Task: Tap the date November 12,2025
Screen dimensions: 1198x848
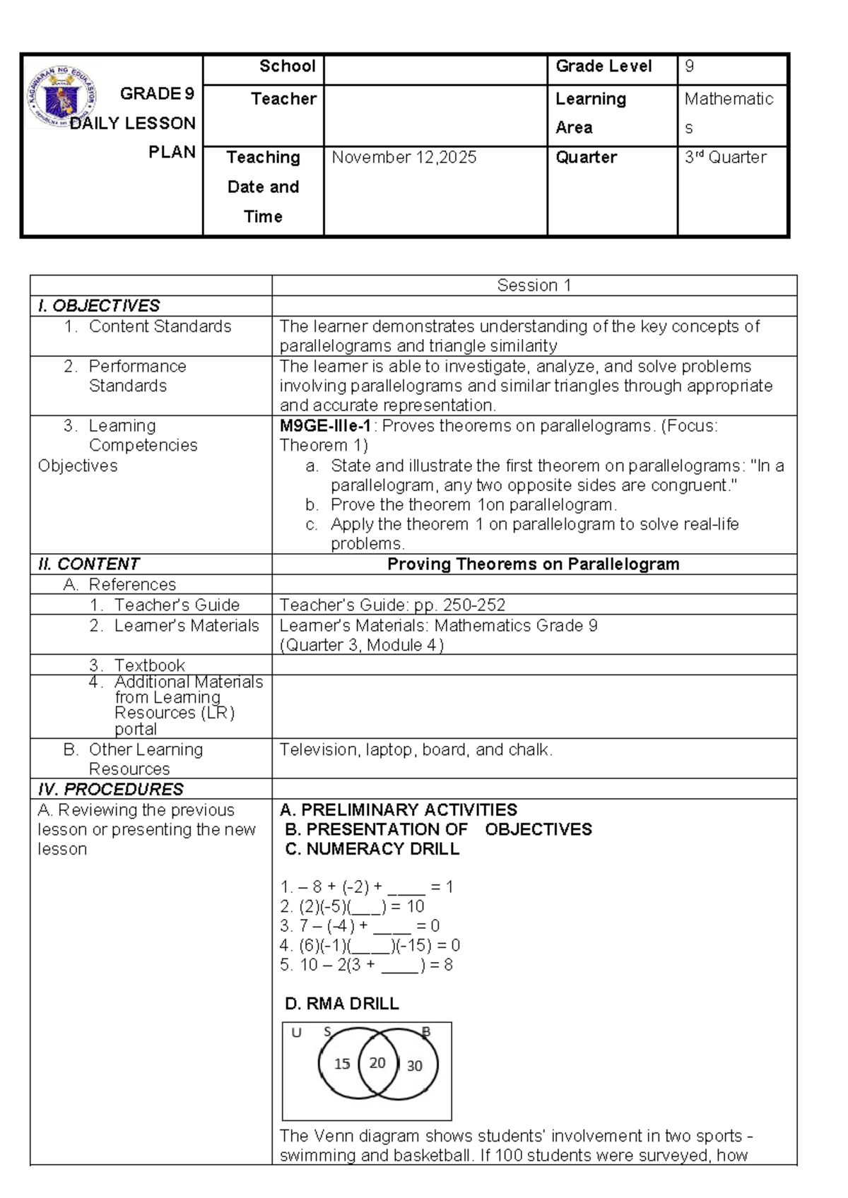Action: (404, 157)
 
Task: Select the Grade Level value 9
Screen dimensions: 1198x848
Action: (689, 66)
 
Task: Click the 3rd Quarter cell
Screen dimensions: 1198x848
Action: (725, 157)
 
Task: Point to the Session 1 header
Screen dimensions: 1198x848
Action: (534, 285)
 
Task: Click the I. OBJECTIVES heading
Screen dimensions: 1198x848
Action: (99, 306)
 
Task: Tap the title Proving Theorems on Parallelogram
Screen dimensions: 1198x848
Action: (534, 564)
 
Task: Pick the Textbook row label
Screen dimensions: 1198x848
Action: (149, 665)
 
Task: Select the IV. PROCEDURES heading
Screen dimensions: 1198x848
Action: (110, 789)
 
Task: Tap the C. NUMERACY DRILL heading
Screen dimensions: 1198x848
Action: (372, 849)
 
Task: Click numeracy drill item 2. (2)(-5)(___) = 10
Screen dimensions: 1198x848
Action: (352, 906)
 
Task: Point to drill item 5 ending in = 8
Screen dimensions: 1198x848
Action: (366, 965)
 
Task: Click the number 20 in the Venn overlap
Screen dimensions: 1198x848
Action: (377, 1062)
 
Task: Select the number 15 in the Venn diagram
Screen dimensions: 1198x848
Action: (342, 1064)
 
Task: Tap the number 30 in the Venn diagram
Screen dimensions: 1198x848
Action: (414, 1065)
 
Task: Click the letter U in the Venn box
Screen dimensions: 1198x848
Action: (296, 1033)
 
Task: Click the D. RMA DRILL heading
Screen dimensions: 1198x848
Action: (341, 1004)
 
